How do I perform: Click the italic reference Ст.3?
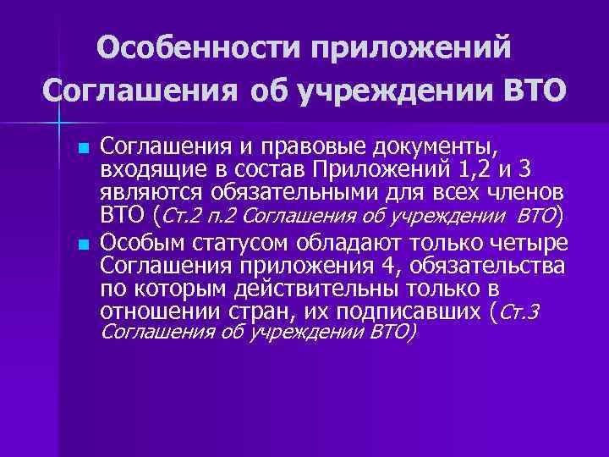point(519,314)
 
